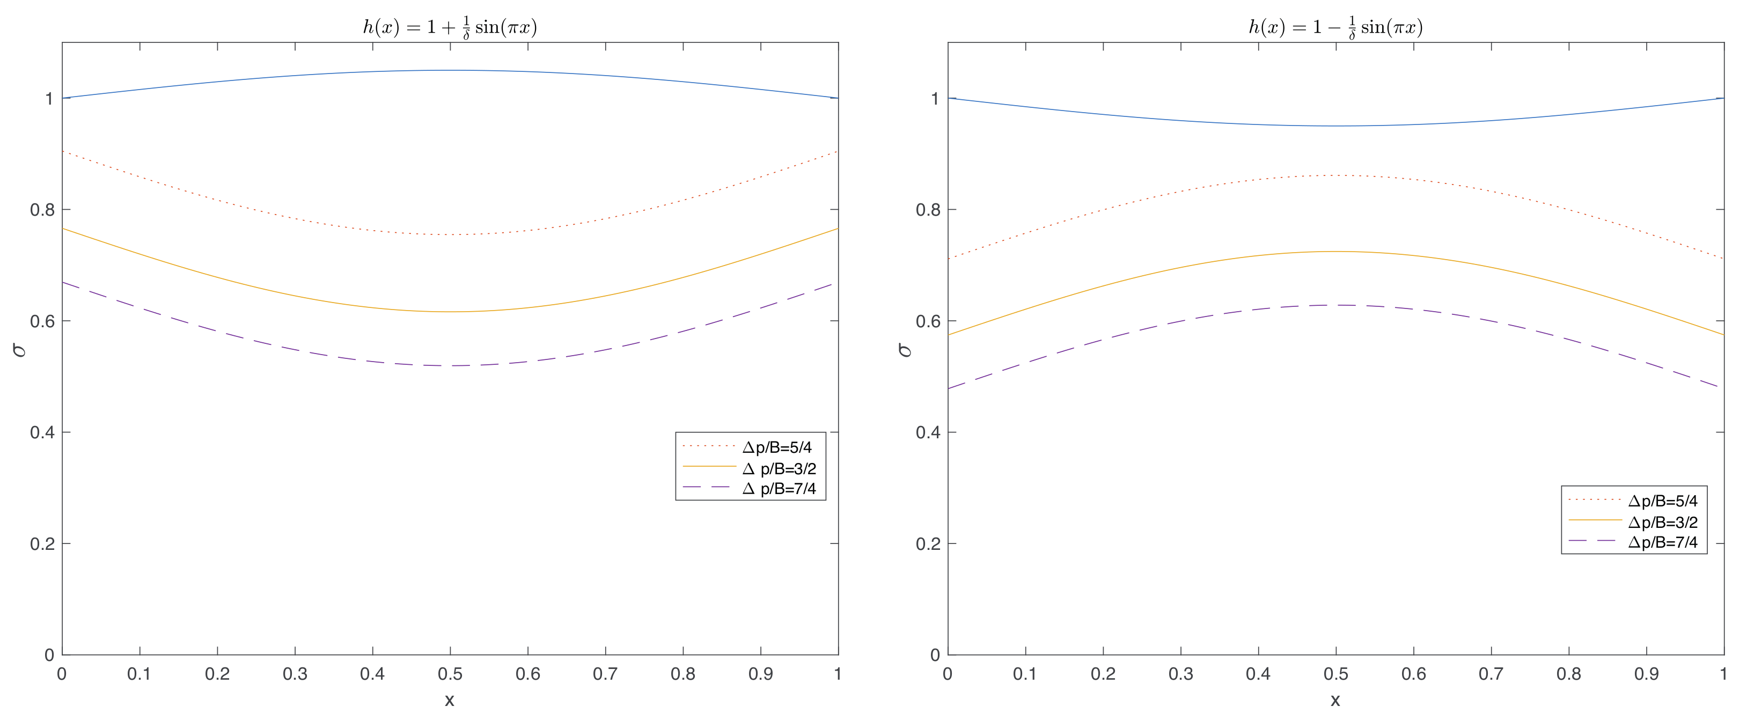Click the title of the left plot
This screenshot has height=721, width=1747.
(x=450, y=27)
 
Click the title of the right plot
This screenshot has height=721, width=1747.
(x=1335, y=27)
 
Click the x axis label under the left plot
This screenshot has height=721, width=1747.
(x=450, y=701)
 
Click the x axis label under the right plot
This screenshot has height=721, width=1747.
(x=1335, y=701)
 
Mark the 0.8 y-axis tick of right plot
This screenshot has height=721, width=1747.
(x=927, y=210)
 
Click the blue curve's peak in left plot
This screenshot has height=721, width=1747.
(x=450, y=70)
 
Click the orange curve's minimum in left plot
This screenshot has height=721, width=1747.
(x=450, y=312)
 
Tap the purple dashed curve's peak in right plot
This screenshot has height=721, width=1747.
(x=1336, y=305)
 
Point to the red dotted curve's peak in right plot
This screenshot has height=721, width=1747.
(x=1336, y=175)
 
